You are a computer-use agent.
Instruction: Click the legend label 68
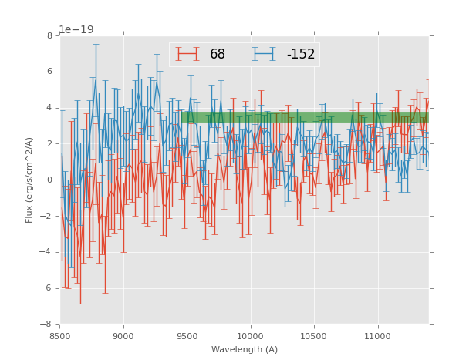[x=218, y=55]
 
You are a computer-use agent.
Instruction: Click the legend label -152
[x=301, y=55]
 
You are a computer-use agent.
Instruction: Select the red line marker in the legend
[x=187, y=55]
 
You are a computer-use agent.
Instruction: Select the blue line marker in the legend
[x=265, y=55]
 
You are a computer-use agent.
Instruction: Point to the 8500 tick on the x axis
[x=60, y=336]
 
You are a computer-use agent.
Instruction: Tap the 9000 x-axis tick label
[x=123, y=336]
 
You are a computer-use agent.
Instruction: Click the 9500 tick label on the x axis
[x=187, y=336]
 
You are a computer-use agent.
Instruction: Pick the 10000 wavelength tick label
[x=250, y=336]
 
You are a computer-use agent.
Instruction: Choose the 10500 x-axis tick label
[x=314, y=336]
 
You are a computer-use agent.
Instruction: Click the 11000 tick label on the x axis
[x=377, y=336]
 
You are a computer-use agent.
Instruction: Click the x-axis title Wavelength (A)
[x=245, y=350]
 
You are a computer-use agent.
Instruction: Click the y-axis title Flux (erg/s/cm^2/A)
[x=29, y=180]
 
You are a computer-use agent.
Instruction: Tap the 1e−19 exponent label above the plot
[x=76, y=29]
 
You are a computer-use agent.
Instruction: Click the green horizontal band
[x=305, y=117]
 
